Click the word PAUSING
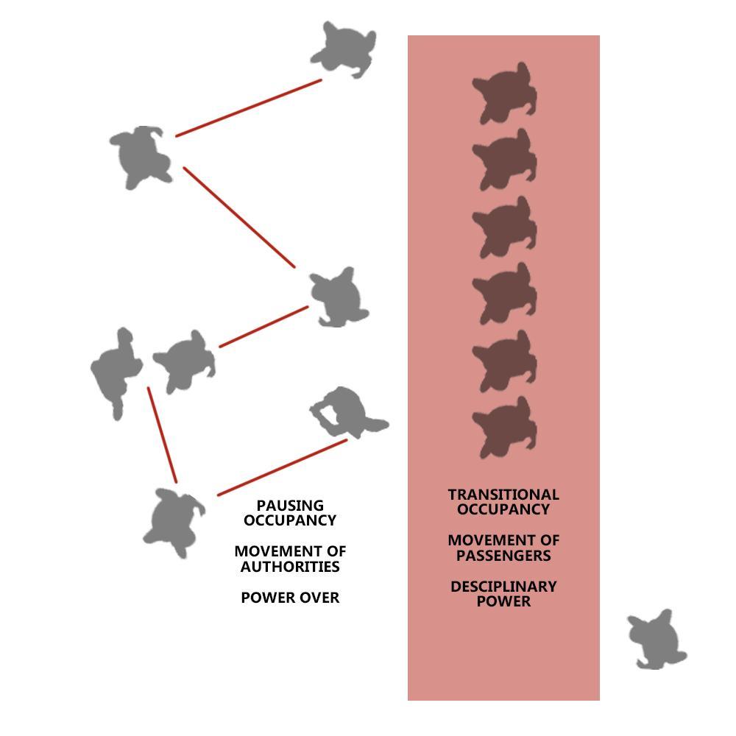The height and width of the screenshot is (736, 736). (290, 506)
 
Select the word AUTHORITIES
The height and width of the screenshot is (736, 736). (290, 567)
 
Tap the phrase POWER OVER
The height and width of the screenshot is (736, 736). (290, 598)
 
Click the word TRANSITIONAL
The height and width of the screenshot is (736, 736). (503, 495)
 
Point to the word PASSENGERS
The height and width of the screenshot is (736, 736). (503, 556)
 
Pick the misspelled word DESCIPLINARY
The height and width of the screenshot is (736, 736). (503, 587)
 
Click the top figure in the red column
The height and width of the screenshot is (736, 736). (505, 93)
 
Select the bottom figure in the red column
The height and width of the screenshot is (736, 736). (505, 428)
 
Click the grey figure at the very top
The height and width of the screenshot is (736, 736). (343, 50)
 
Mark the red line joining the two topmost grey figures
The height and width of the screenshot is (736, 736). (248, 107)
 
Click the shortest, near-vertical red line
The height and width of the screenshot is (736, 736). (162, 434)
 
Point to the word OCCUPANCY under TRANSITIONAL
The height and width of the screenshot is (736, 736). (503, 509)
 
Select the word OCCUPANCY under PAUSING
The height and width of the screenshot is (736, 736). (290, 520)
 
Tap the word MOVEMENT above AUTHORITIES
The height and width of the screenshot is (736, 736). (290, 551)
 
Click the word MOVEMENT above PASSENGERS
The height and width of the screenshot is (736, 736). (503, 540)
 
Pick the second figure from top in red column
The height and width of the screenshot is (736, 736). (505, 160)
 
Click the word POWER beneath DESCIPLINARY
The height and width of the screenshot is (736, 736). (503, 601)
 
